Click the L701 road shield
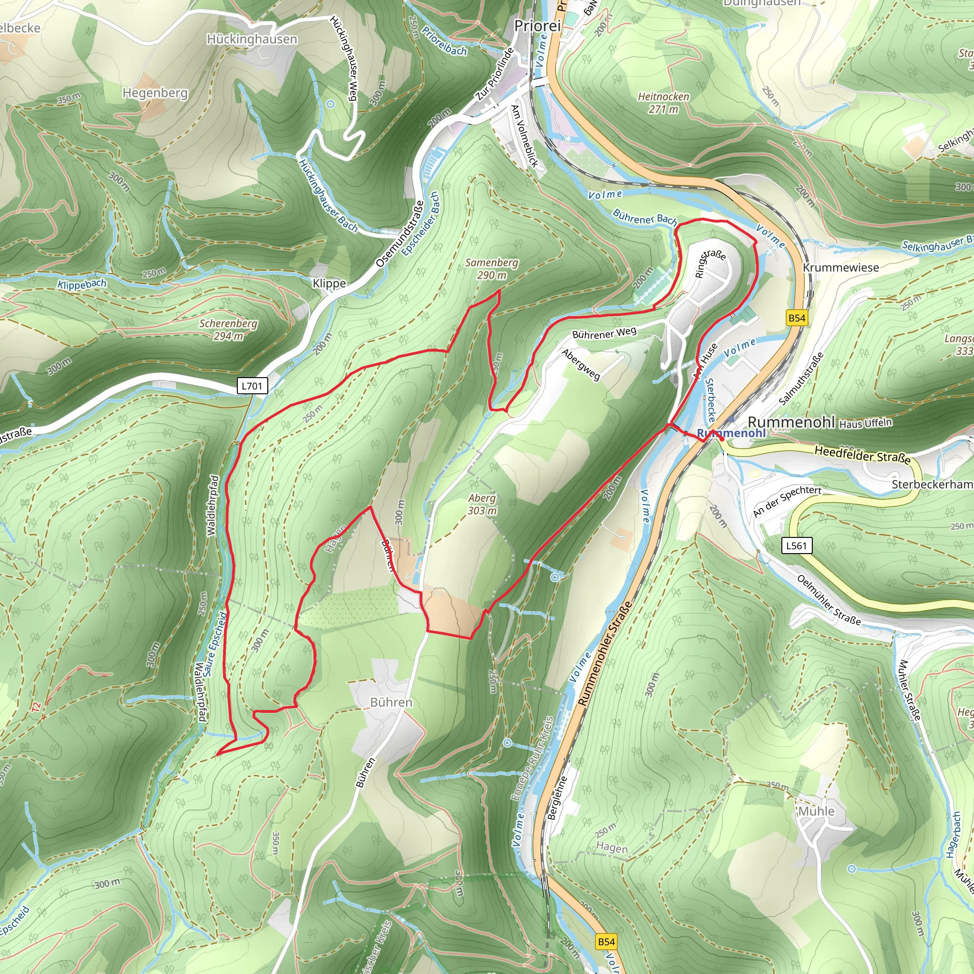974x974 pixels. tap(252, 386)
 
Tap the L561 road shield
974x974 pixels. tap(797, 545)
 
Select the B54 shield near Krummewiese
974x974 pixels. tap(797, 318)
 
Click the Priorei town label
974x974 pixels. tap(537, 26)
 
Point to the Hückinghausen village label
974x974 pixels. tap(252, 39)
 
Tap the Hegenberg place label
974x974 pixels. tap(155, 93)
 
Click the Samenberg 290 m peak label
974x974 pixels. tap(492, 269)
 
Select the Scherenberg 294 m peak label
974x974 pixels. tap(228, 330)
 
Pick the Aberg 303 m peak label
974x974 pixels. tap(482, 504)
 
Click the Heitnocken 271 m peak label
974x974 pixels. tap(663, 102)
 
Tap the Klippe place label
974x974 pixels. tap(329, 283)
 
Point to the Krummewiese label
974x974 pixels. tap(841, 268)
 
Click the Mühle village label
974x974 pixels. tap(816, 811)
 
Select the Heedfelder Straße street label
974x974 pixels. tap(863, 454)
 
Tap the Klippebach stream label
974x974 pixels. tap(82, 284)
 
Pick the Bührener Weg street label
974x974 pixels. tap(604, 333)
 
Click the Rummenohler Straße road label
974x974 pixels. tap(604, 653)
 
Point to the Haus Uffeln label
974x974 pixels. tap(865, 423)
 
